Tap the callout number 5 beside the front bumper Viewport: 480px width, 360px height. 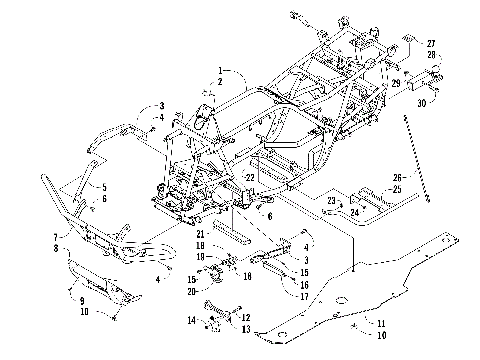pos(103,187)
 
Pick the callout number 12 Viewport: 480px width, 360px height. pos(245,318)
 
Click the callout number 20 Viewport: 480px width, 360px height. pos(192,291)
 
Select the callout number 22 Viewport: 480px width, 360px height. pos(240,177)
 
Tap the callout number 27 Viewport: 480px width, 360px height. pos(431,43)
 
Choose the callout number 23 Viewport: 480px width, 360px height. pos(328,200)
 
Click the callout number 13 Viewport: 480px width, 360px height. pos(245,328)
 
